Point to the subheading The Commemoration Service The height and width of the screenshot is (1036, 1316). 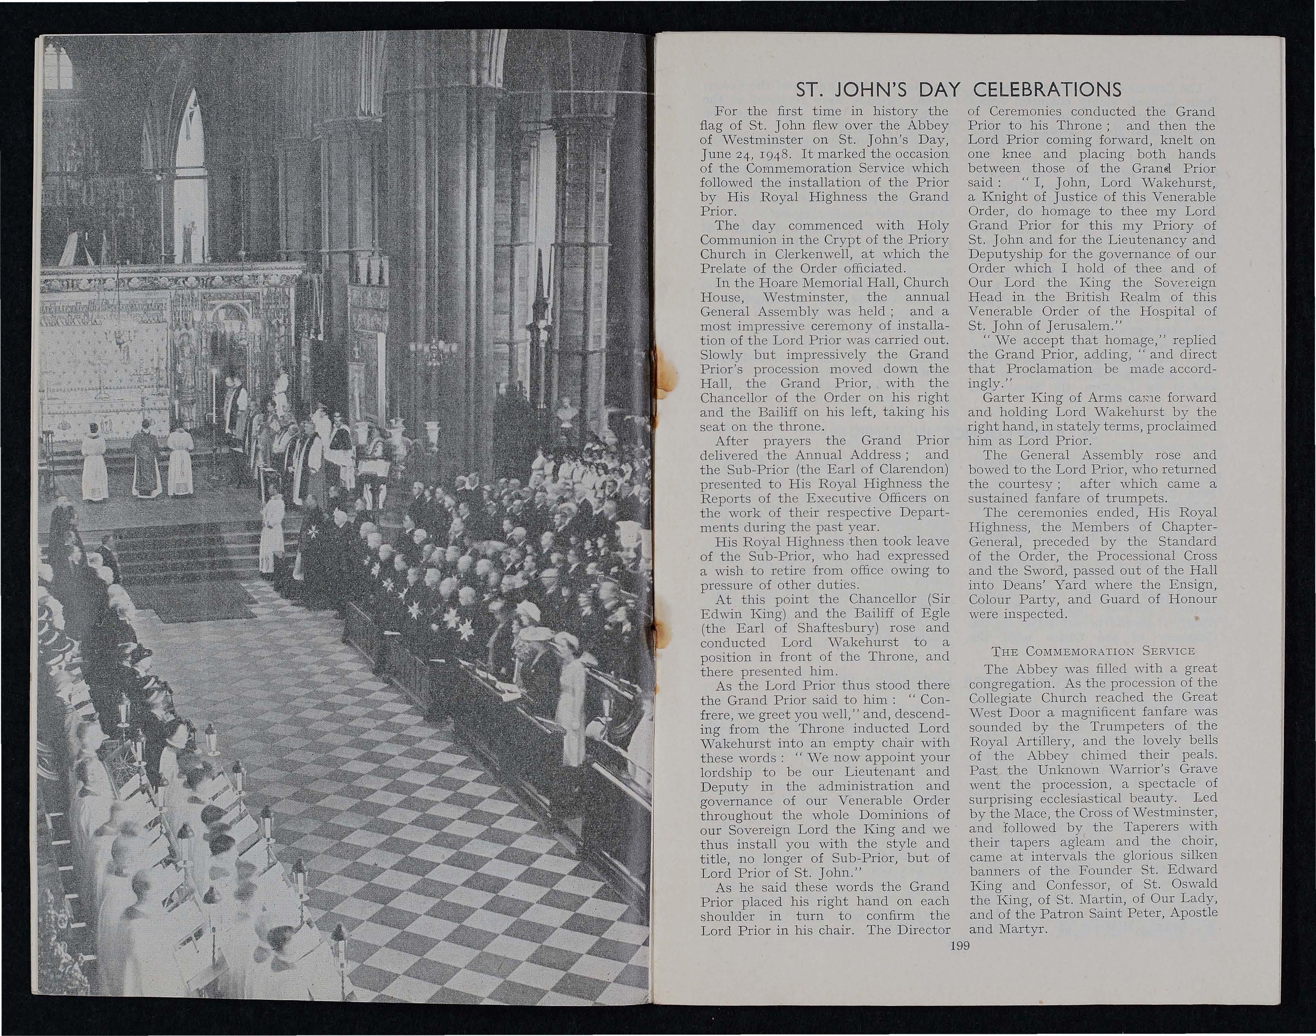1092,651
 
